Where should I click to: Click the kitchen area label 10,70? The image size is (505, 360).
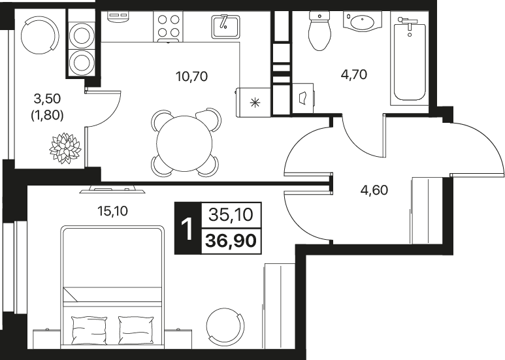tap(191, 76)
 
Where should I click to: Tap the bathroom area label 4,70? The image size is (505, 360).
tap(354, 74)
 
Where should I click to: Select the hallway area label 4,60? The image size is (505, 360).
tap(374, 190)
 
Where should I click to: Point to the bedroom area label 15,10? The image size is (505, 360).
tap(112, 211)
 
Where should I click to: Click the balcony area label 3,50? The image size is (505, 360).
tap(47, 99)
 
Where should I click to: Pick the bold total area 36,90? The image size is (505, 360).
tap(231, 240)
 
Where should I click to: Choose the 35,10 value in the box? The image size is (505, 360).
tap(231, 215)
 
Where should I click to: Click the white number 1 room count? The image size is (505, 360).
tap(187, 229)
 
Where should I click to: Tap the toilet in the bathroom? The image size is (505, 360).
tap(319, 31)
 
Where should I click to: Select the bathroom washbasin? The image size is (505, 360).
tap(363, 22)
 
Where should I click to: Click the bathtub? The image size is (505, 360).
tap(410, 58)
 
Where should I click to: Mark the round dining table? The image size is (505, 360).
tap(184, 143)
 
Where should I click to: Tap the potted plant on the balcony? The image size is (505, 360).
tap(65, 148)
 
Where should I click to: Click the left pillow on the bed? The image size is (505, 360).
tap(90, 331)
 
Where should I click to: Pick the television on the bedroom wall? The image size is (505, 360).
tap(112, 189)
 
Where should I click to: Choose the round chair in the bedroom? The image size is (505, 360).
tap(225, 325)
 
